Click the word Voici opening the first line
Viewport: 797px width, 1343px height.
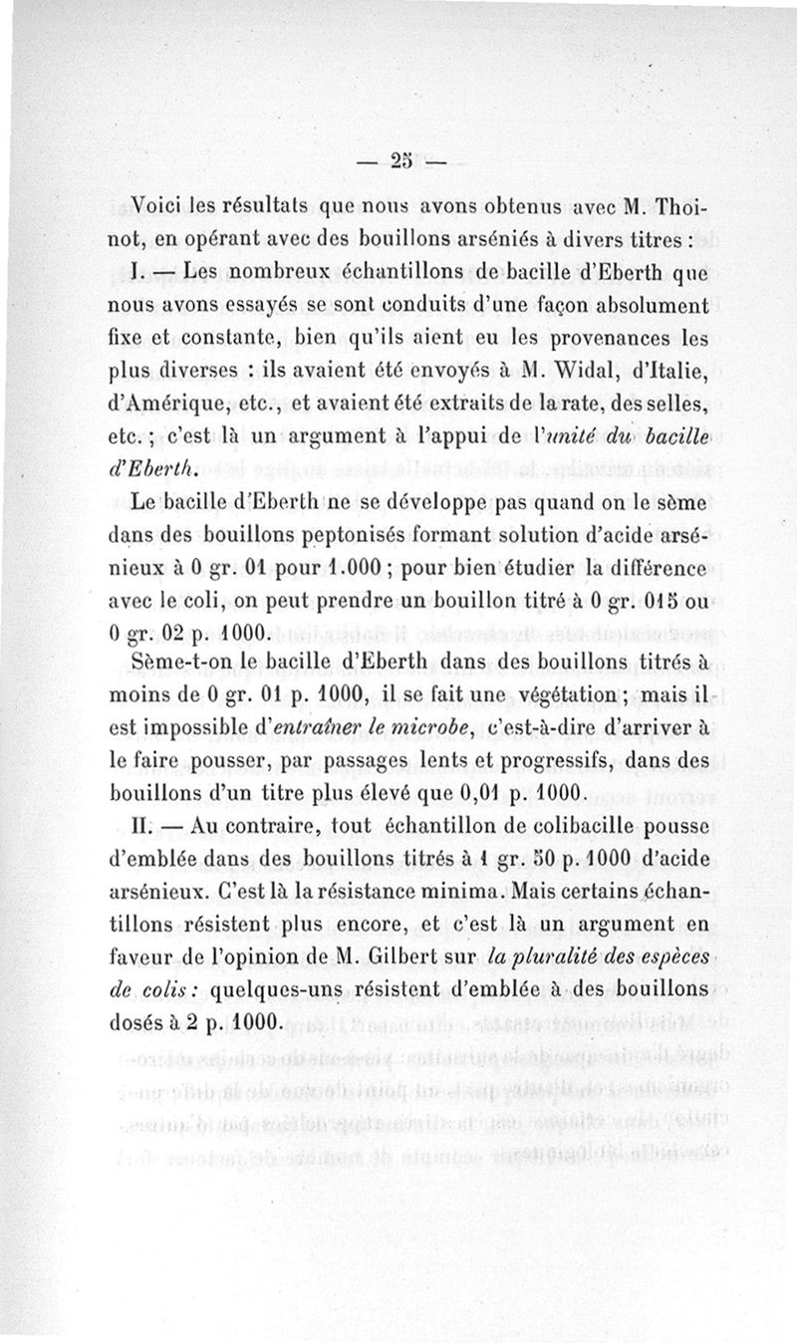click(162, 209)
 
